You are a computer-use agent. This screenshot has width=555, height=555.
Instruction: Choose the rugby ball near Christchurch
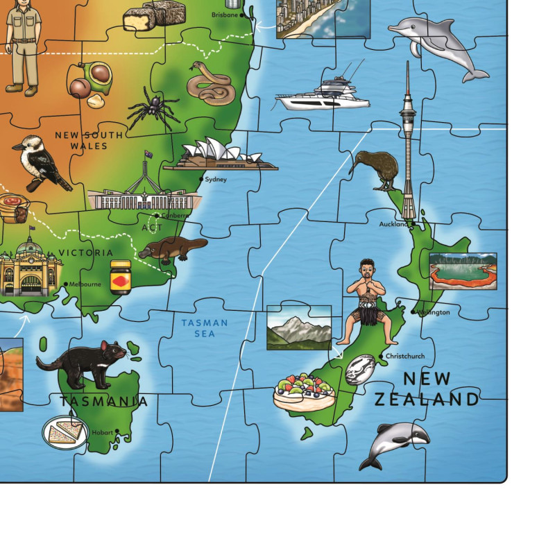(360, 369)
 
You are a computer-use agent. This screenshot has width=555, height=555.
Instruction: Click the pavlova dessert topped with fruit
(304, 392)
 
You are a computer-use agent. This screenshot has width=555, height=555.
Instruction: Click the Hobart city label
(101, 432)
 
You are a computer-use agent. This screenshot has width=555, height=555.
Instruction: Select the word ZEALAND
(426, 399)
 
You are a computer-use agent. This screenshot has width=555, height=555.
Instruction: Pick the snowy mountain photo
(299, 327)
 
